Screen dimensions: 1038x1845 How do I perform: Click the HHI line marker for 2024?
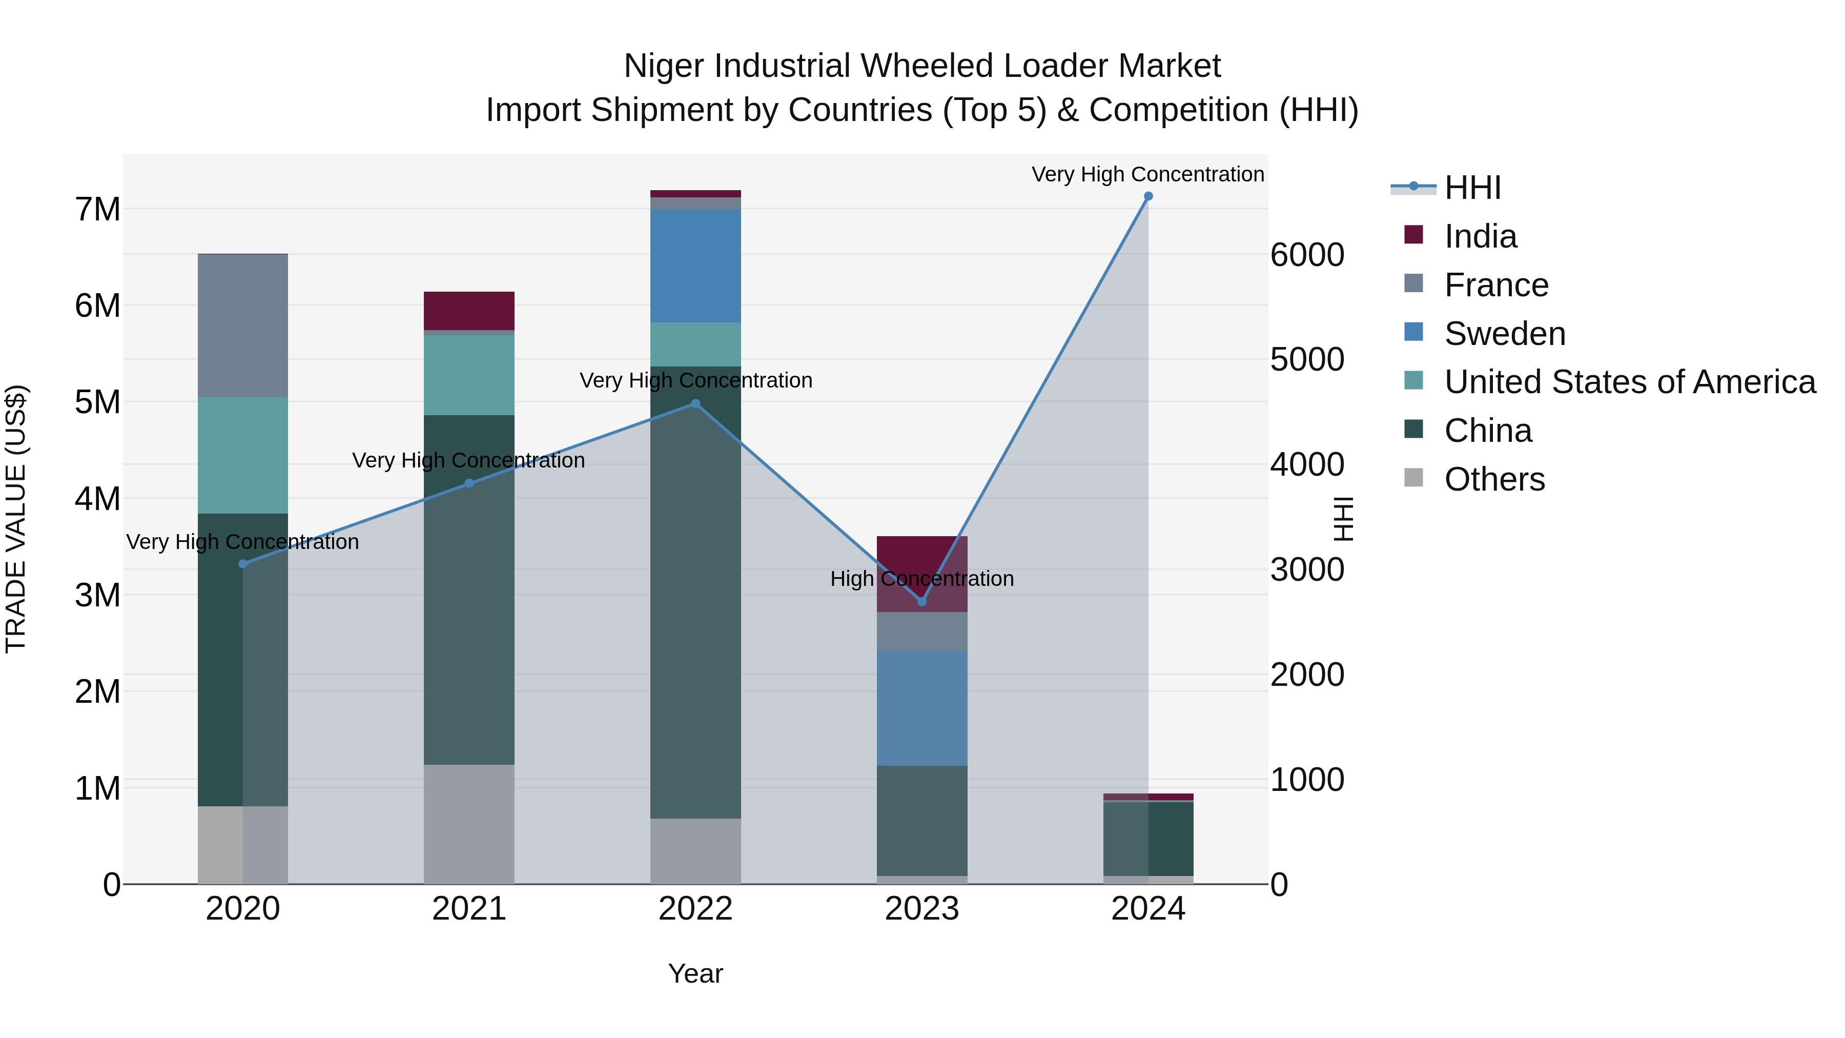[1148, 196]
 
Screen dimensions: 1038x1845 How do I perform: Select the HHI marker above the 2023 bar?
[922, 602]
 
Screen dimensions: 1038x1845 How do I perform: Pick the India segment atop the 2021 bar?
[469, 311]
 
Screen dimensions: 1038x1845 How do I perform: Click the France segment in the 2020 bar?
[243, 326]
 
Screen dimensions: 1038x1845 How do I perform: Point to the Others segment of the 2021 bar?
[469, 824]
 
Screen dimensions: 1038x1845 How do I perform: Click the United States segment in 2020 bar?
[243, 456]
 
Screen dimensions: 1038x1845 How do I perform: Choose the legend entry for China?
[1488, 431]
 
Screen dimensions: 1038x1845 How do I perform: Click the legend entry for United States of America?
[1629, 382]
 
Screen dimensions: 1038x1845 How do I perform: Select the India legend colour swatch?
[1414, 235]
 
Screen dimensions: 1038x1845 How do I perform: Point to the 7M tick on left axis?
[97, 210]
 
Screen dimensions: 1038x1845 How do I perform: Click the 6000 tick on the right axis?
[1307, 255]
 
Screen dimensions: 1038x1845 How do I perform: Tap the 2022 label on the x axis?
[695, 909]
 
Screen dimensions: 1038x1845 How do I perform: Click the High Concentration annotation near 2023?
[922, 579]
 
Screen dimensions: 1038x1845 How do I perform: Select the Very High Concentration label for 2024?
[1147, 175]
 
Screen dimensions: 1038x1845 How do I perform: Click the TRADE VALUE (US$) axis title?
[16, 519]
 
